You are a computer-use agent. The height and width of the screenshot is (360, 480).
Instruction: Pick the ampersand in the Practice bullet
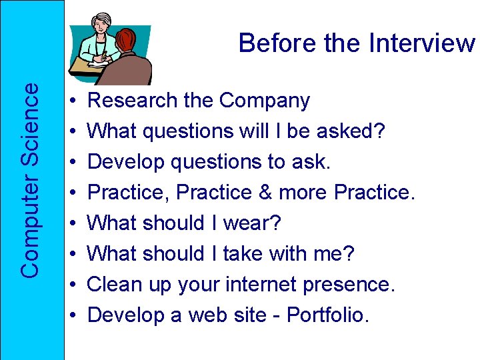pyautogui.click(x=263, y=193)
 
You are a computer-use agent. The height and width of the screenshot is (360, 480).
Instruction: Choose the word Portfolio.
pyautogui.click(x=327, y=315)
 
